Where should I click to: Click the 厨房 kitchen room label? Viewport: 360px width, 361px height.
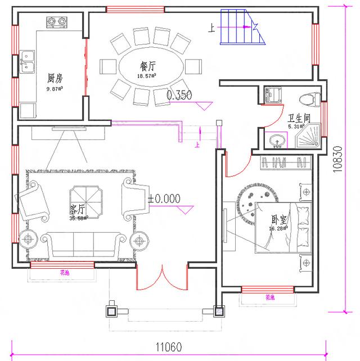pyautogui.click(x=55, y=78)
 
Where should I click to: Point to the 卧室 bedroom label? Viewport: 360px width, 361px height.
pyautogui.click(x=278, y=219)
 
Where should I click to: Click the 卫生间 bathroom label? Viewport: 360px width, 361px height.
pyautogui.click(x=299, y=119)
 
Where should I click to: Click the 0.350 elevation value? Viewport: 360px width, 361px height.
pyautogui.click(x=179, y=96)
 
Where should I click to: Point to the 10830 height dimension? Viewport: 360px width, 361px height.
pyautogui.click(x=338, y=163)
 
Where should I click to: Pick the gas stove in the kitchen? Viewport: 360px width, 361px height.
pyautogui.click(x=55, y=22)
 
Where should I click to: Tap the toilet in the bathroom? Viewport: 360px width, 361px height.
pyautogui.click(x=307, y=98)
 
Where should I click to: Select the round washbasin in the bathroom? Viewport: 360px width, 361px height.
pyautogui.click(x=276, y=140)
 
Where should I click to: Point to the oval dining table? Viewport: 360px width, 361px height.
pyautogui.click(x=150, y=70)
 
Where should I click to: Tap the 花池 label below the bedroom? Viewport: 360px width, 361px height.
pyautogui.click(x=271, y=297)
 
